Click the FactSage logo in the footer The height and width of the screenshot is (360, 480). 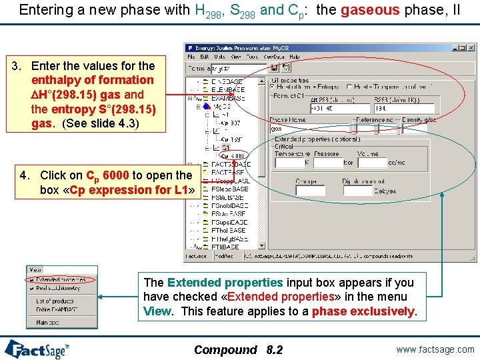tap(37, 349)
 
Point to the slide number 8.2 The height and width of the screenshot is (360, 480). tap(274, 350)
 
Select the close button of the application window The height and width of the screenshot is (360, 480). tap(473, 48)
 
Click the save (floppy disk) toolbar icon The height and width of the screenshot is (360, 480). tap(274, 68)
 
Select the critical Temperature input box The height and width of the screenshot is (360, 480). tap(289, 162)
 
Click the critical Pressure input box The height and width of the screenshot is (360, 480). tap(327, 162)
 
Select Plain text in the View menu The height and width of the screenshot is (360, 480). tap(48, 322)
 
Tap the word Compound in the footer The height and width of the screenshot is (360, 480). tap(225, 350)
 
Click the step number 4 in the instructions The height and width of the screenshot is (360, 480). tap(25, 175)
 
